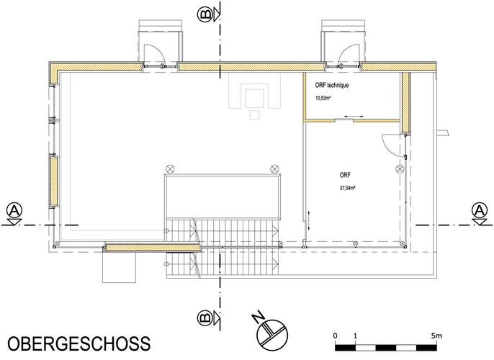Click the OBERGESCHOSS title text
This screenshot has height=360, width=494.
point(79,343)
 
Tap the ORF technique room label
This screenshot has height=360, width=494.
point(332,85)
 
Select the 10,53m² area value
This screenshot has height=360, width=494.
point(323,98)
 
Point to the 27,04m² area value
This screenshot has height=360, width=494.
point(348,188)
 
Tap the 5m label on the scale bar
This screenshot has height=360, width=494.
point(436,336)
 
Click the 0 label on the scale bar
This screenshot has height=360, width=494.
point(336,336)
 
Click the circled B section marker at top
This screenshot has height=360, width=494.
point(205,14)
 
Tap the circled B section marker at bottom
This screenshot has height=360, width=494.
point(205,318)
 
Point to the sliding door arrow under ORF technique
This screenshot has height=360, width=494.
point(353,117)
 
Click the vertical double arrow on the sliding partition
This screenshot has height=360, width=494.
point(309,221)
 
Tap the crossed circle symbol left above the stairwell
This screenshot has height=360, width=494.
point(170,168)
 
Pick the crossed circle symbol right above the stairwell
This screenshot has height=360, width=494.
point(275,168)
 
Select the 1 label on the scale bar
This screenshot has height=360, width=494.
point(356,336)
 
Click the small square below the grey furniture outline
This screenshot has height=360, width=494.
point(255,115)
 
